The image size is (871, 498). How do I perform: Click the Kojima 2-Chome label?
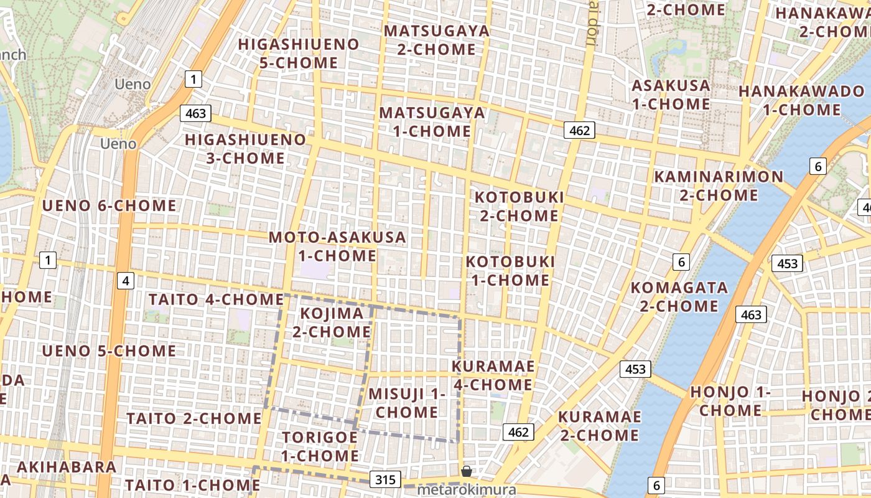pyautogui.click(x=332, y=322)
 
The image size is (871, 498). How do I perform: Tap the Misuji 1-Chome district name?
pyautogui.click(x=407, y=403)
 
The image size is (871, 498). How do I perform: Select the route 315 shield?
pyautogui.click(x=385, y=479)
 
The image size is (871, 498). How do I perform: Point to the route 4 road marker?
pyautogui.click(x=126, y=281)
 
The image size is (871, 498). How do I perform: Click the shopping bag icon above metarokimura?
pyautogui.click(x=466, y=471)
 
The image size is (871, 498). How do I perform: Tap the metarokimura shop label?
pyautogui.click(x=466, y=490)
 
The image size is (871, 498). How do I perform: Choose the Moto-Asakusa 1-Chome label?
pyautogui.click(x=337, y=247)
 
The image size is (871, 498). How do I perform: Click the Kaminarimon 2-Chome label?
pyautogui.click(x=719, y=186)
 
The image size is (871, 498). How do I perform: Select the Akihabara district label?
pyautogui.click(x=67, y=467)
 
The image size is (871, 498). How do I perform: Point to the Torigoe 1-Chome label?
pyautogui.click(x=320, y=446)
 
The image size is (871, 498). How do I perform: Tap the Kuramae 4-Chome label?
pyautogui.click(x=493, y=375)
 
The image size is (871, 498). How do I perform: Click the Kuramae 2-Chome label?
pyautogui.click(x=600, y=426)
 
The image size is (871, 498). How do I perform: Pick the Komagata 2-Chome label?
pyautogui.click(x=679, y=297)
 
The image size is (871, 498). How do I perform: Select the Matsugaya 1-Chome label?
pyautogui.click(x=432, y=122)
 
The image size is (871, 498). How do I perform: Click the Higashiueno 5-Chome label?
pyautogui.click(x=299, y=54)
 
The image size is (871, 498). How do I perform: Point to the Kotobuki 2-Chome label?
pyautogui.click(x=519, y=207)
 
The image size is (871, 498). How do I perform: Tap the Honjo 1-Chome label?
pyautogui.click(x=730, y=402)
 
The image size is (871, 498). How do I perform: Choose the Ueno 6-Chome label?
pyautogui.click(x=109, y=205)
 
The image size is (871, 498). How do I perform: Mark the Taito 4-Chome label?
pyautogui.click(x=216, y=299)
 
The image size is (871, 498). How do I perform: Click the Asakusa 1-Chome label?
pyautogui.click(x=671, y=95)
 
